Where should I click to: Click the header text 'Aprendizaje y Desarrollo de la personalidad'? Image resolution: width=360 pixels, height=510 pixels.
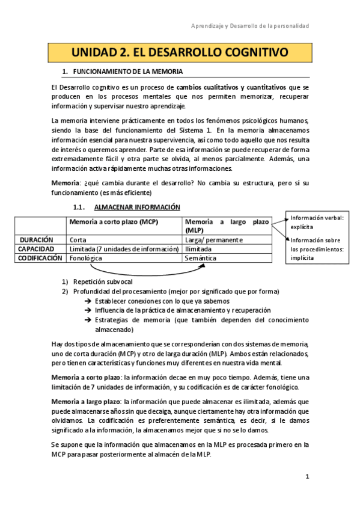pyautogui.click(x=250, y=26)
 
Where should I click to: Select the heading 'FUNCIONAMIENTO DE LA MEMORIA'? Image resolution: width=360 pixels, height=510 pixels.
pyautogui.click(x=128, y=72)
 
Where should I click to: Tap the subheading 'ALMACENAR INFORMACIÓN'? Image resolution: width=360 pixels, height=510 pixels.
pyautogui.click(x=137, y=207)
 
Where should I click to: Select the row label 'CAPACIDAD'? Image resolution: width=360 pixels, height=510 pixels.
pyautogui.click(x=36, y=248)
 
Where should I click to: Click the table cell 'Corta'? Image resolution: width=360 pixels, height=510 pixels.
pyautogui.click(x=78, y=239)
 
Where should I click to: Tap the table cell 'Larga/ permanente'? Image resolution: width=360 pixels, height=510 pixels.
pyautogui.click(x=214, y=239)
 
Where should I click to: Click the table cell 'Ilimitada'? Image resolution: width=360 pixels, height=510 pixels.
pyautogui.click(x=198, y=248)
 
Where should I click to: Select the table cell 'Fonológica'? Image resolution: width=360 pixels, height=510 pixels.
pyautogui.click(x=86, y=257)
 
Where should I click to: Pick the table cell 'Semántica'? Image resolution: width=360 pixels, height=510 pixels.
pyautogui.click(x=203, y=257)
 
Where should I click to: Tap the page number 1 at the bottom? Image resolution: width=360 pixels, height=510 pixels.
pyautogui.click(x=307, y=477)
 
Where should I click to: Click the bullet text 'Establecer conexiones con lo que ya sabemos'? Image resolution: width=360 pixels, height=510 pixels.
pyautogui.click(x=162, y=301)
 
